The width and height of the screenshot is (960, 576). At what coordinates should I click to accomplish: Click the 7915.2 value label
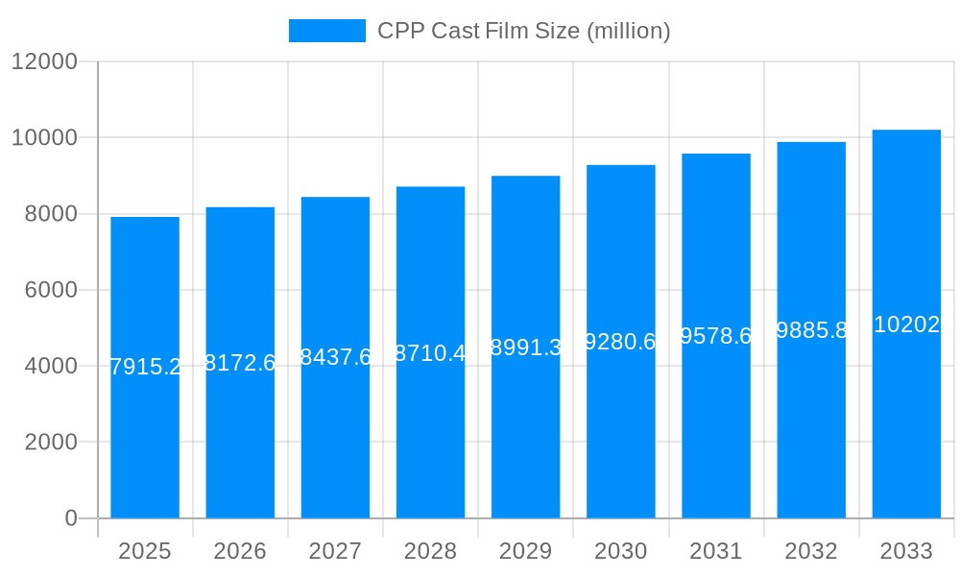145,367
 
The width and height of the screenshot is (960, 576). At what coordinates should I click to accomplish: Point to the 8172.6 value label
240,363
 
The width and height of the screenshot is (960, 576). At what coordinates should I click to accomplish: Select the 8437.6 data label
335,357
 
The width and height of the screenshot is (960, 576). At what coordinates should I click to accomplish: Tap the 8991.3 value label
525,348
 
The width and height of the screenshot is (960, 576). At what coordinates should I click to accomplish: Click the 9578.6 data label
716,336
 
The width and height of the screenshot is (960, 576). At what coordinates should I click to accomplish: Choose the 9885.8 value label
811,330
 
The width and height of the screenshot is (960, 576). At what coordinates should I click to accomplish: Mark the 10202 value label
906,324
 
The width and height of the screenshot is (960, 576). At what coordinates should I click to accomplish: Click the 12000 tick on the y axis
44,61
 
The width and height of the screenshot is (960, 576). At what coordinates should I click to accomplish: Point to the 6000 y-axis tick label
51,290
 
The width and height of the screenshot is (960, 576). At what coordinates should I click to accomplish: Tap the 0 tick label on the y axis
71,518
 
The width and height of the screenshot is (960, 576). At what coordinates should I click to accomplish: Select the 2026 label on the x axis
240,551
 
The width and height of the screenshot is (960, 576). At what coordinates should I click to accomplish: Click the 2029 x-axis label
525,551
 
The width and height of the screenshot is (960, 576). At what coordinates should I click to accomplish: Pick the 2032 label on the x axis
811,551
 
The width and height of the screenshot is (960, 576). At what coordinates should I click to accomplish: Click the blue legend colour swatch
327,31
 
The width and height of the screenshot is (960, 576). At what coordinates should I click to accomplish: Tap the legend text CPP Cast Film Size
523,31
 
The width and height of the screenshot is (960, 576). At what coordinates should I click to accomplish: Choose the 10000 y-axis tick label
44,137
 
